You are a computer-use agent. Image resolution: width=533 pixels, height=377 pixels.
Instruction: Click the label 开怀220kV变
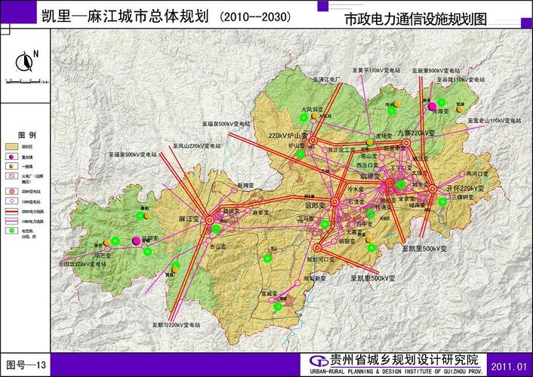465,188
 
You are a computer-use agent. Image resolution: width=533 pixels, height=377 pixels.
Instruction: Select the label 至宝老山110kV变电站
494,120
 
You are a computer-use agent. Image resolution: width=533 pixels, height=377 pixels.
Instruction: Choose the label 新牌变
245,185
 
